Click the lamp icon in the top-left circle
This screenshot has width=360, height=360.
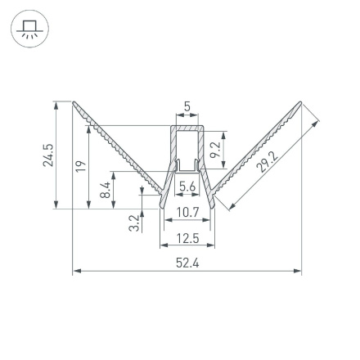point(29,30)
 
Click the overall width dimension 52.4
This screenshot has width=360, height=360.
point(187,262)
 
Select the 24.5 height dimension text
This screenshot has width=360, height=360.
point(47,155)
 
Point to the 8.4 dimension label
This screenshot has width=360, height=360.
point(104,191)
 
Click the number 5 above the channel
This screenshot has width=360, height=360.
point(187,106)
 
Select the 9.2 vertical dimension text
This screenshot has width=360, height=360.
point(214,149)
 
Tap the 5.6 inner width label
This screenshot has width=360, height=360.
point(187,187)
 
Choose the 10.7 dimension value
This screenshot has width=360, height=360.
point(187,213)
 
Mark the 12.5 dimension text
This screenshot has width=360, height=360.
point(187,238)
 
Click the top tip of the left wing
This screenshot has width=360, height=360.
point(74,103)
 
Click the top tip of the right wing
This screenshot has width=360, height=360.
point(301,103)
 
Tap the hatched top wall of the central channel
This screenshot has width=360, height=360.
point(187,128)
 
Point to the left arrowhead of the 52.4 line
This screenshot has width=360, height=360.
point(76,270)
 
